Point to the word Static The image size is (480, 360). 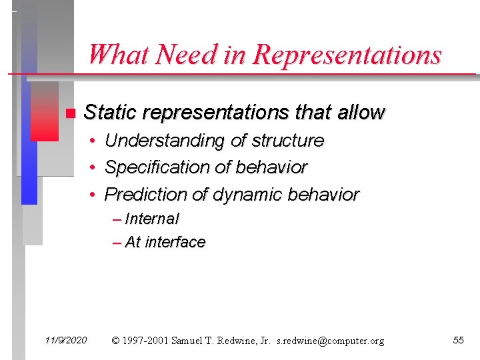[x=111, y=113]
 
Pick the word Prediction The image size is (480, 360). [x=146, y=195]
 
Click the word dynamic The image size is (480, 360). [x=245, y=195]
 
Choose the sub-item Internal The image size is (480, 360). [x=152, y=219]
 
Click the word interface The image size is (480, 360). [x=175, y=242]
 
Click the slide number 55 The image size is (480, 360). [x=458, y=341]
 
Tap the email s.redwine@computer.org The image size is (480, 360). [x=331, y=341]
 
